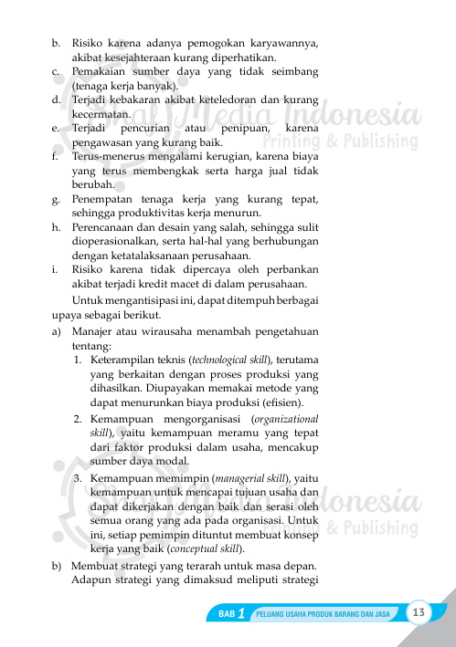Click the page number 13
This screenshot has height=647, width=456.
coord(420,610)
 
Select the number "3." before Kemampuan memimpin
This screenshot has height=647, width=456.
coord(80,477)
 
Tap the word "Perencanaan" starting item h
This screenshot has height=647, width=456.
coord(109,225)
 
